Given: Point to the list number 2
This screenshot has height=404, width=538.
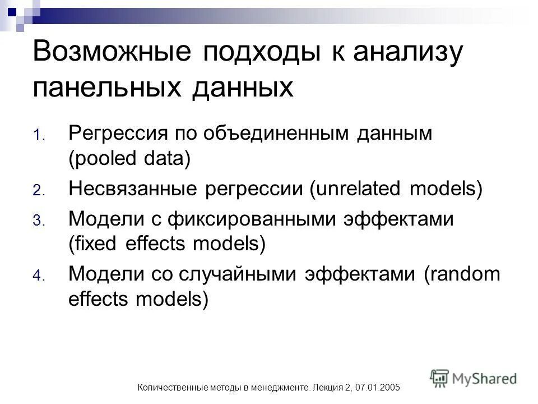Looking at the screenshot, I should [37, 191].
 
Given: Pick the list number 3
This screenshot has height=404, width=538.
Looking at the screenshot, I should [37, 221].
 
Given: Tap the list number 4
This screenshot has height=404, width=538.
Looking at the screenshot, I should [37, 276].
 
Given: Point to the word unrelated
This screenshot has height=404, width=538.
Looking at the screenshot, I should [358, 189].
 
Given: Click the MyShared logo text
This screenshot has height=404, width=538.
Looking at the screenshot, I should [485, 379].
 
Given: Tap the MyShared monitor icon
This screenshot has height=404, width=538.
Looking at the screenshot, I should [440, 377].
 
